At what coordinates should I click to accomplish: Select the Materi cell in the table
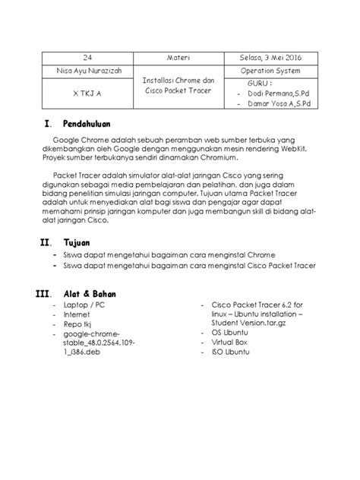(x=180, y=56)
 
